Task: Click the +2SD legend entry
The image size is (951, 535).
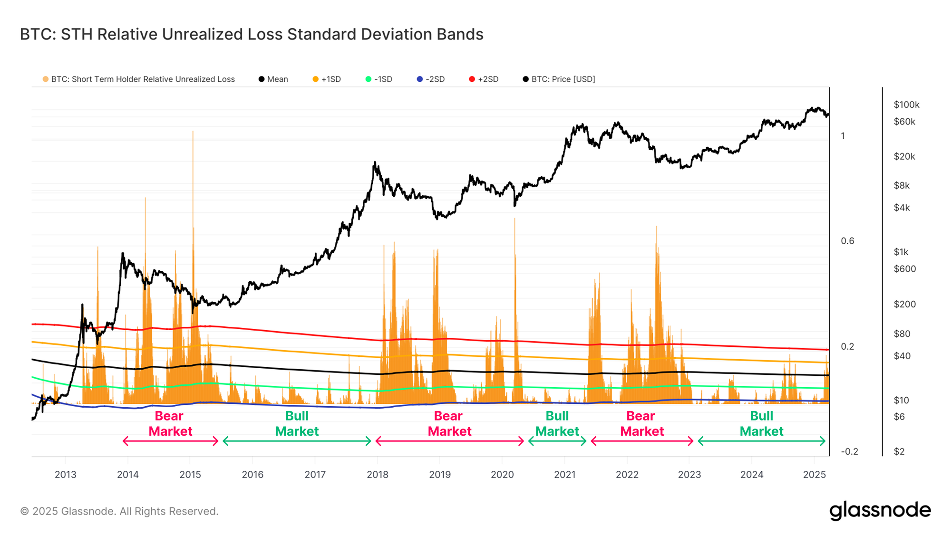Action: (x=484, y=79)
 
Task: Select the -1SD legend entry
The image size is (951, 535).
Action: (x=379, y=79)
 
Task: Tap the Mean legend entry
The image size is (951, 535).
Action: (x=273, y=79)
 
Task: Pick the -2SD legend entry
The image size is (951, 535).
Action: (x=431, y=79)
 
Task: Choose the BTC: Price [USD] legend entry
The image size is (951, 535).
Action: (x=559, y=79)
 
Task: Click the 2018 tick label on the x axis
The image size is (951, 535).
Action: (x=378, y=475)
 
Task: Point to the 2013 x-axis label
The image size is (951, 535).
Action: (x=66, y=475)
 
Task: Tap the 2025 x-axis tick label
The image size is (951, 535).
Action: (x=815, y=475)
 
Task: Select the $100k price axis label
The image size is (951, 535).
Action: (x=906, y=105)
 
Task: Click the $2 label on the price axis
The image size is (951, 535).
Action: (x=899, y=451)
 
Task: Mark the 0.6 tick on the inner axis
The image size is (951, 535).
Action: (x=847, y=241)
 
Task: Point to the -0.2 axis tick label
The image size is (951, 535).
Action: (x=849, y=451)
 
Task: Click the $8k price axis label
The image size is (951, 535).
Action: (x=902, y=186)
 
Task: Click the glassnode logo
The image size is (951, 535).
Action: (x=880, y=510)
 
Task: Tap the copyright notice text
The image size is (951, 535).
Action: (x=119, y=512)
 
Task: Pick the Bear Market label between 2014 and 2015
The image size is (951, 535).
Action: (x=170, y=424)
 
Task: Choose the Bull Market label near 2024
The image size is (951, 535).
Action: (x=761, y=424)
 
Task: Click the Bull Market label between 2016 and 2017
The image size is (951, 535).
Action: (x=297, y=424)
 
